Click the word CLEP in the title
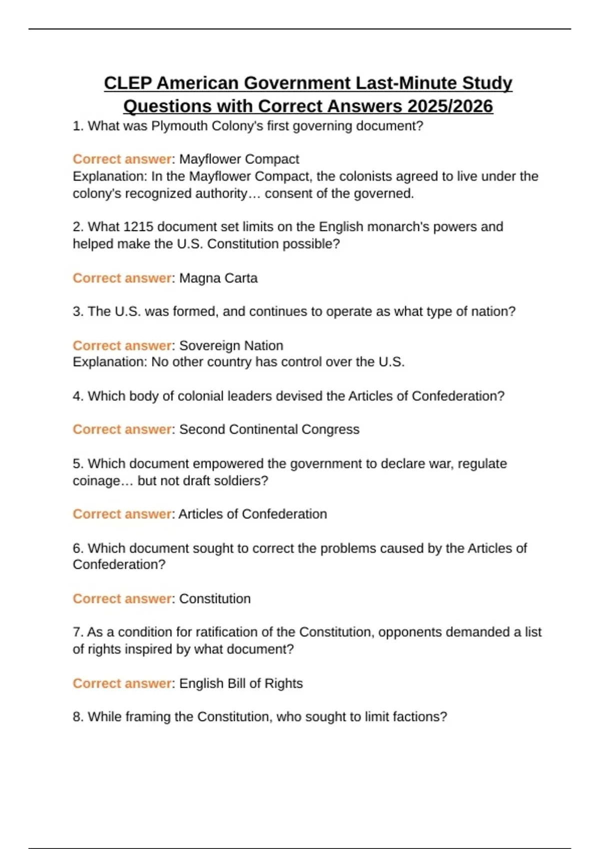coord(127,83)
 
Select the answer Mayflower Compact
coord(239,159)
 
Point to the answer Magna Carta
coord(218,278)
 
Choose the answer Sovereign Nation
coord(231,346)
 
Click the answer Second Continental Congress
coord(269,429)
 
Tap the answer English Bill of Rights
coord(241,683)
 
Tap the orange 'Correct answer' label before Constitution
coord(122,599)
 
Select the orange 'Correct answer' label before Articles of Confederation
coord(122,514)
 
